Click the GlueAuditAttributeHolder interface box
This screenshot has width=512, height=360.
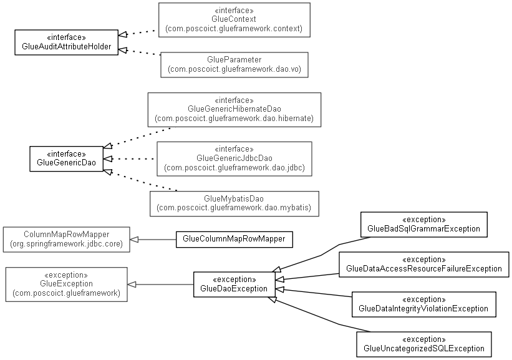[x=66, y=42]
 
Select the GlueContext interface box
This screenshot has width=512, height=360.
[x=234, y=20]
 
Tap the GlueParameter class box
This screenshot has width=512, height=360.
[x=234, y=65]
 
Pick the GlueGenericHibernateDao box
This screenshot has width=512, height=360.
[x=234, y=110]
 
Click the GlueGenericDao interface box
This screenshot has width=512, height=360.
[x=66, y=158]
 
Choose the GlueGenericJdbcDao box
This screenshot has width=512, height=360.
[x=234, y=158]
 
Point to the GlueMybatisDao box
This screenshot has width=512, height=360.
[x=234, y=203]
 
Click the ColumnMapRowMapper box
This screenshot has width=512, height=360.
[x=66, y=240]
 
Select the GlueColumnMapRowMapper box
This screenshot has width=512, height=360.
[x=234, y=240]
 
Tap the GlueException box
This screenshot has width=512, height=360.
[x=66, y=285]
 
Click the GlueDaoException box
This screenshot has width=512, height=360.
[x=234, y=285]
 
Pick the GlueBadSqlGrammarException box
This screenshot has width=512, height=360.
[x=424, y=225]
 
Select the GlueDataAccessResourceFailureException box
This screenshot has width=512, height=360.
[x=424, y=265]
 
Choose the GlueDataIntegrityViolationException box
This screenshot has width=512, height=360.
[x=424, y=304]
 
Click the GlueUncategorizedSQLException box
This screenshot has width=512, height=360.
[x=424, y=344]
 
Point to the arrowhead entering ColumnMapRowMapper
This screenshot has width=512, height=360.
[x=134, y=240]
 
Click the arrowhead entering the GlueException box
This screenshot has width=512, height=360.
[x=132, y=285]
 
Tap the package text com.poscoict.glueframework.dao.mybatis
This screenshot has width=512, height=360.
[x=234, y=208]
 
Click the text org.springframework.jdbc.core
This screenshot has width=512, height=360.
[x=66, y=244]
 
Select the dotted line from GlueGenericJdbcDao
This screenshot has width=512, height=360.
[x=133, y=158]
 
